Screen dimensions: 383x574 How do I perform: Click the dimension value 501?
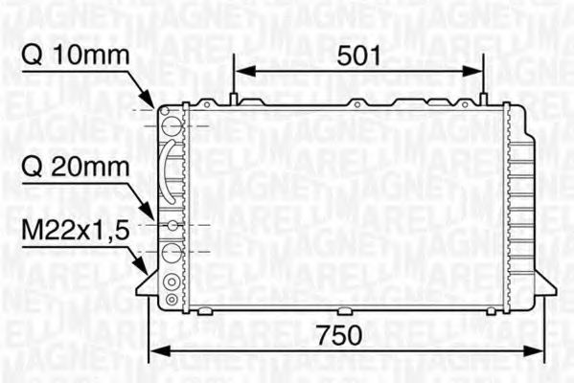(x=358, y=56)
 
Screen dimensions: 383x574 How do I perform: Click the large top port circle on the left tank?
(x=172, y=124)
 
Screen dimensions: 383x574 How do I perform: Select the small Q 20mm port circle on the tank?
(x=172, y=225)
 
